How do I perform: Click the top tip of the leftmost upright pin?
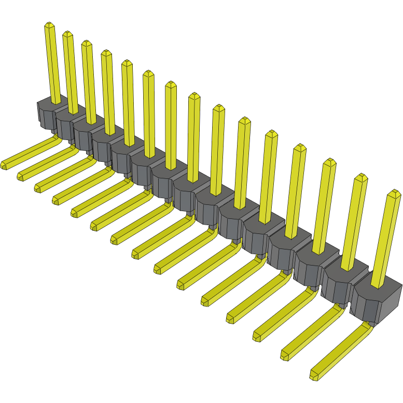49,24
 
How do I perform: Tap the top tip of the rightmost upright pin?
394,193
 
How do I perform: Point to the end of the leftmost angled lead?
4,165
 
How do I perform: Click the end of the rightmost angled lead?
314,374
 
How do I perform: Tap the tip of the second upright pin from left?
67,34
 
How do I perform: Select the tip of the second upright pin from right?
361,178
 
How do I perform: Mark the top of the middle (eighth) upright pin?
194,95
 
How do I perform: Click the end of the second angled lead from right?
285,356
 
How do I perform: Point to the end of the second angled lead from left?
20,177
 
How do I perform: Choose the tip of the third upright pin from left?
86,43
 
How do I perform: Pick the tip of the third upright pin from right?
329,162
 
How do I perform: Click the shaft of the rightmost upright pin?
385,239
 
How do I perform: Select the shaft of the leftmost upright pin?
53,62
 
